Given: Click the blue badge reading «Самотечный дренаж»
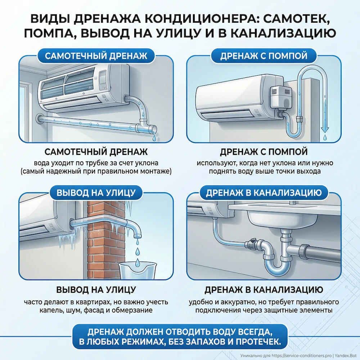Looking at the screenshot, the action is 96,56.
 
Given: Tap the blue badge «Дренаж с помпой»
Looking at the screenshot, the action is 264,56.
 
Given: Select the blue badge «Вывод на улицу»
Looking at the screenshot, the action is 96,192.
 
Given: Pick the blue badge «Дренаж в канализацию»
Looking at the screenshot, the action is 264,192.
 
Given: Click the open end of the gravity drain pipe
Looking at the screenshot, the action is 153,129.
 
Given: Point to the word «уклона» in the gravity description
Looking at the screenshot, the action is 147,163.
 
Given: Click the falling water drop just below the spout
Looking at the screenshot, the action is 137,242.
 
